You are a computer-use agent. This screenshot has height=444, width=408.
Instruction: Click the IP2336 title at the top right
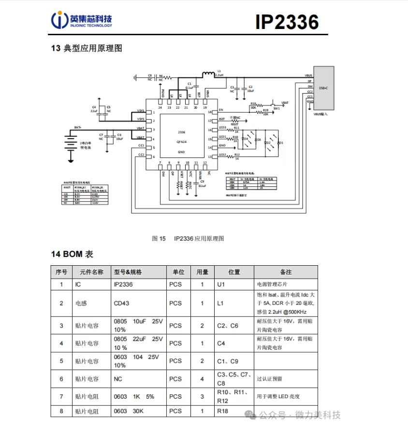click(287, 22)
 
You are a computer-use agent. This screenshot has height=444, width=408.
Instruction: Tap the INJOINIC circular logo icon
click(59, 20)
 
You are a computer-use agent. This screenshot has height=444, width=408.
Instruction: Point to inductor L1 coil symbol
click(208, 74)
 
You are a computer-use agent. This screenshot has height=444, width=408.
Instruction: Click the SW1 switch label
click(277, 109)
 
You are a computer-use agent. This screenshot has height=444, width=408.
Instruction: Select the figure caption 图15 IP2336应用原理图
click(188, 238)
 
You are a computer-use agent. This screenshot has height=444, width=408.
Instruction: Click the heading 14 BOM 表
click(72, 254)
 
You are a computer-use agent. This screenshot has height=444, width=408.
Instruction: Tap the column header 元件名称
click(91, 272)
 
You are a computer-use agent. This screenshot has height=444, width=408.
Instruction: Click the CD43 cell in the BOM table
click(121, 303)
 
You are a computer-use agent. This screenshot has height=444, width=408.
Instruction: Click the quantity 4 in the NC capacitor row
click(202, 379)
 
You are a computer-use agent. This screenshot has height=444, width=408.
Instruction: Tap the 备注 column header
click(286, 272)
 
